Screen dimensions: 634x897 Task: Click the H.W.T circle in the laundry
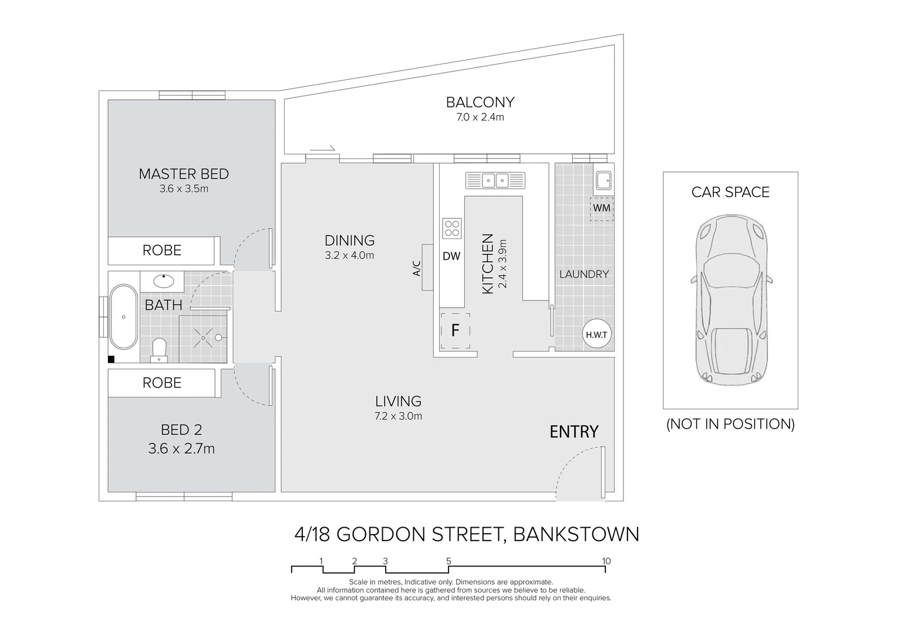597,335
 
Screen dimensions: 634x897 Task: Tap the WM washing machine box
602,208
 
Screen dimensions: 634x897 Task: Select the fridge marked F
455,331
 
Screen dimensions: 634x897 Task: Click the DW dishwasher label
451,256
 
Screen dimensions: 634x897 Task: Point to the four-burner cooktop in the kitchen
451,228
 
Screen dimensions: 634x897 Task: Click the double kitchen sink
495,180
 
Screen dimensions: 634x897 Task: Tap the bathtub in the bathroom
123,317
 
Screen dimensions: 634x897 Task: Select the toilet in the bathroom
159,350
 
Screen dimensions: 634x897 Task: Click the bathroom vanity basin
161,280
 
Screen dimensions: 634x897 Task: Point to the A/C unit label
417,268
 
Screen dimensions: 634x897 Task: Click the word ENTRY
574,432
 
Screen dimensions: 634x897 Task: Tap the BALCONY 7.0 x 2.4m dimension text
480,117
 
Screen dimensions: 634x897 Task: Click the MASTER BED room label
184,174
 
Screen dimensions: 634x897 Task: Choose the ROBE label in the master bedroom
162,251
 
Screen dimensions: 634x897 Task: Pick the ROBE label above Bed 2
162,383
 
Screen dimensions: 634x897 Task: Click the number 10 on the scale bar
606,561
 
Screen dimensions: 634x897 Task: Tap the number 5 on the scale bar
448,561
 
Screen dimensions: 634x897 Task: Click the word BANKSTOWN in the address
576,534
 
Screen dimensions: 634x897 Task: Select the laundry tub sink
603,179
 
